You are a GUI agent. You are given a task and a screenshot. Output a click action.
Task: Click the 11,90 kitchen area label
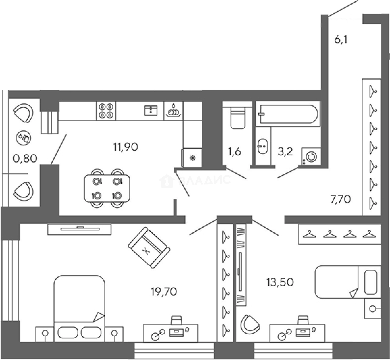point(125,147)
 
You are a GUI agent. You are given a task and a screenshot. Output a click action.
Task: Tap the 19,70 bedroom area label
point(164,291)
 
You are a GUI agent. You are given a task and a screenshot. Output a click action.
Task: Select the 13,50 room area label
point(280,282)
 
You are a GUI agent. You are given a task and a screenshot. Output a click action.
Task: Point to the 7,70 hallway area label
point(341,199)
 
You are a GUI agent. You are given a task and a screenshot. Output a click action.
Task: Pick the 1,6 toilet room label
point(234,151)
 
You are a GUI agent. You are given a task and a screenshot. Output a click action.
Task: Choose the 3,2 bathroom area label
point(285,151)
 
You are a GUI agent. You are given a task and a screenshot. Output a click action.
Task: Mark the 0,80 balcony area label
point(25,158)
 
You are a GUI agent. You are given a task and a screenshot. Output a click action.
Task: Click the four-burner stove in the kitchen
point(106,111)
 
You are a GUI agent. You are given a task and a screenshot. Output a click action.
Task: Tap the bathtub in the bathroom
point(288,114)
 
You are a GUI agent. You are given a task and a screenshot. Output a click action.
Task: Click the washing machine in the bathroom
point(311,157)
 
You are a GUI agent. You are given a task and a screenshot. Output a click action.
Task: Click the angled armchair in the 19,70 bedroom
point(149,248)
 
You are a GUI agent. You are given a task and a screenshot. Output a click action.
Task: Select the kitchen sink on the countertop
point(151,111)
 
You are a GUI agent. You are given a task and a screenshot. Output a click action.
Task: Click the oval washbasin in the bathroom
point(262,146)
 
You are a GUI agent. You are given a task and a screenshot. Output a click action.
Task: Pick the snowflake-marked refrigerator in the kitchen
point(192,158)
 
